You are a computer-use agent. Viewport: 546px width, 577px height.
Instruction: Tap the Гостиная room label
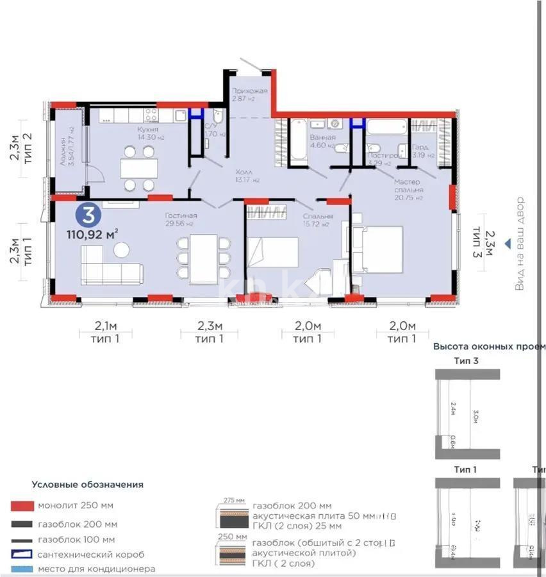(x=181, y=216)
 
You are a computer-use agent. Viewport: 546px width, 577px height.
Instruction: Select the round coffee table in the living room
(x=121, y=249)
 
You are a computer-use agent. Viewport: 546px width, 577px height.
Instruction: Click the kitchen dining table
(x=139, y=168)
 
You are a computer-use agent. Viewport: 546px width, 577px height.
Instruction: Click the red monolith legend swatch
(x=22, y=506)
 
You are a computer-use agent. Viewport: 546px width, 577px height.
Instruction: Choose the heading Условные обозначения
(x=87, y=485)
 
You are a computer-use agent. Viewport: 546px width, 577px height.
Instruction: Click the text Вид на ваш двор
(x=520, y=244)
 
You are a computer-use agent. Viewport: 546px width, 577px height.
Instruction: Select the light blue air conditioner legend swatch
(x=22, y=569)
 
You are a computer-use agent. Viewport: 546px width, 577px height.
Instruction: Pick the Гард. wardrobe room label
(x=420, y=147)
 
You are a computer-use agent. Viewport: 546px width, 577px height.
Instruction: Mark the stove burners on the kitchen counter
(x=151, y=115)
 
